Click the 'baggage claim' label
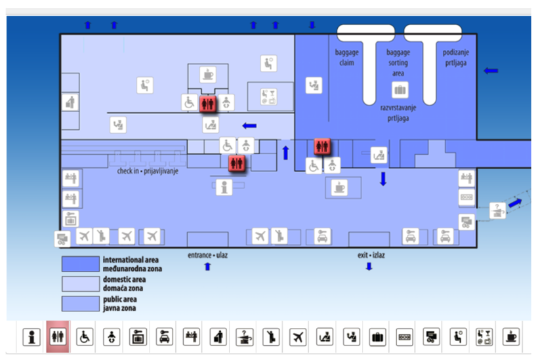click(346, 57)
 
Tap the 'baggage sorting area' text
click(398, 62)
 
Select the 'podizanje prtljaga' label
click(456, 57)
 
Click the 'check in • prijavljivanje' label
click(148, 170)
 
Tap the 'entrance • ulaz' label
click(208, 254)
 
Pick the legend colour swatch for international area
click(79, 264)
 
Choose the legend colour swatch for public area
click(79, 304)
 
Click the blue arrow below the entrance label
click(208, 266)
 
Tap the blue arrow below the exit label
click(369, 266)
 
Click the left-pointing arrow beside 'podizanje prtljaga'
click(491, 70)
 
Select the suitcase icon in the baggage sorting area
click(400, 90)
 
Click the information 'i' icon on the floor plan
click(225, 188)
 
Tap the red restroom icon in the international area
click(321, 146)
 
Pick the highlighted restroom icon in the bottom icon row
click(57, 337)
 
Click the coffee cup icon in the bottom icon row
click(509, 337)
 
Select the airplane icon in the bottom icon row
click(298, 337)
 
